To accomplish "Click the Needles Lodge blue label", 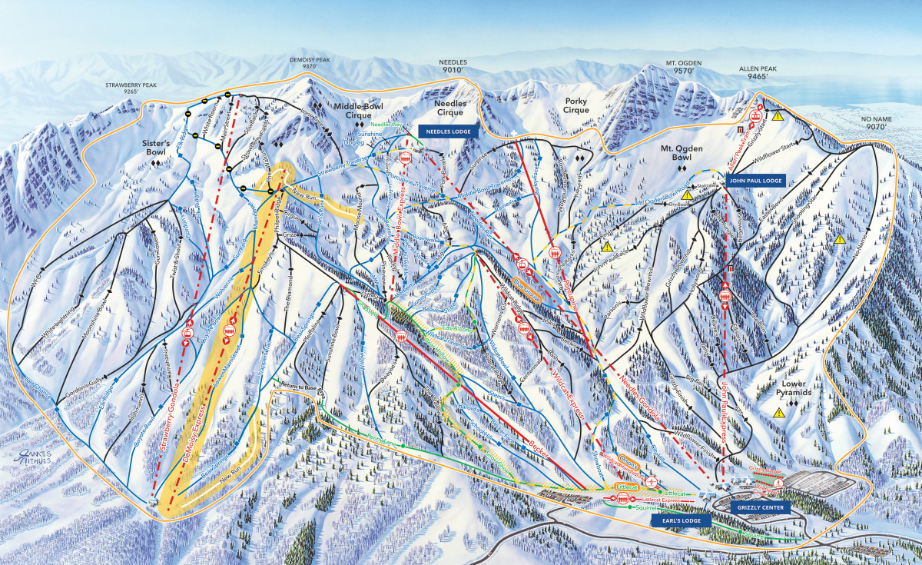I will [449, 131].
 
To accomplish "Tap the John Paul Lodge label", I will [754, 180].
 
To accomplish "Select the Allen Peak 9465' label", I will [758, 72].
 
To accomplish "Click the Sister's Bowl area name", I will [159, 148].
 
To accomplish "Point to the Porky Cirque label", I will [575, 105].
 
